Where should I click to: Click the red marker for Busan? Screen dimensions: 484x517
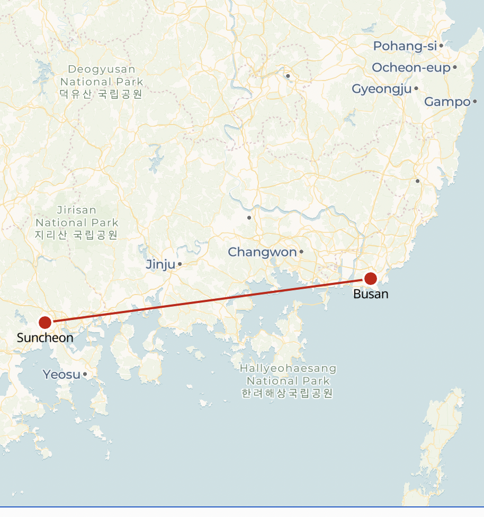point(371,278)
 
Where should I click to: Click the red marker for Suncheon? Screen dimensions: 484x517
point(45,322)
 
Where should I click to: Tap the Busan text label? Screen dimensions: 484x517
point(371,294)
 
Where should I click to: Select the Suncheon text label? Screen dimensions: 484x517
point(45,337)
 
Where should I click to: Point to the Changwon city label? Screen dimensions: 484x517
point(262,252)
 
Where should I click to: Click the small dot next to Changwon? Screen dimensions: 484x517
point(301,252)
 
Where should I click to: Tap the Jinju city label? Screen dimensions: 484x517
point(160,264)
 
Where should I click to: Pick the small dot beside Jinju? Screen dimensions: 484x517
point(180,264)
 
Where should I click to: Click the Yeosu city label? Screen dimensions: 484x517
point(61,375)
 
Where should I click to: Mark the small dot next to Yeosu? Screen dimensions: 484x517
point(85,375)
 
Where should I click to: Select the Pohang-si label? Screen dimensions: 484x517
point(405,46)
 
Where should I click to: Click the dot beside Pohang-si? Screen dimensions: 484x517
point(441,46)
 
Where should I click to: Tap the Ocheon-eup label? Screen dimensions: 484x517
point(411,67)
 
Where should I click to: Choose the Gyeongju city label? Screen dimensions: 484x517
point(381,89)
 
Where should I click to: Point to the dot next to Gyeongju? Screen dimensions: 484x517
point(416,88)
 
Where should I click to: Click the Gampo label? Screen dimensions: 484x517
point(447,101)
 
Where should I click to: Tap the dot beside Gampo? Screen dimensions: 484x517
point(475,101)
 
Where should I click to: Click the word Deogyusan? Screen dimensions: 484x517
point(102,69)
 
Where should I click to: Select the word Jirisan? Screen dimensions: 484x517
point(77,210)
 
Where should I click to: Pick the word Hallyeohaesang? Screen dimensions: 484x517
point(288,368)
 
